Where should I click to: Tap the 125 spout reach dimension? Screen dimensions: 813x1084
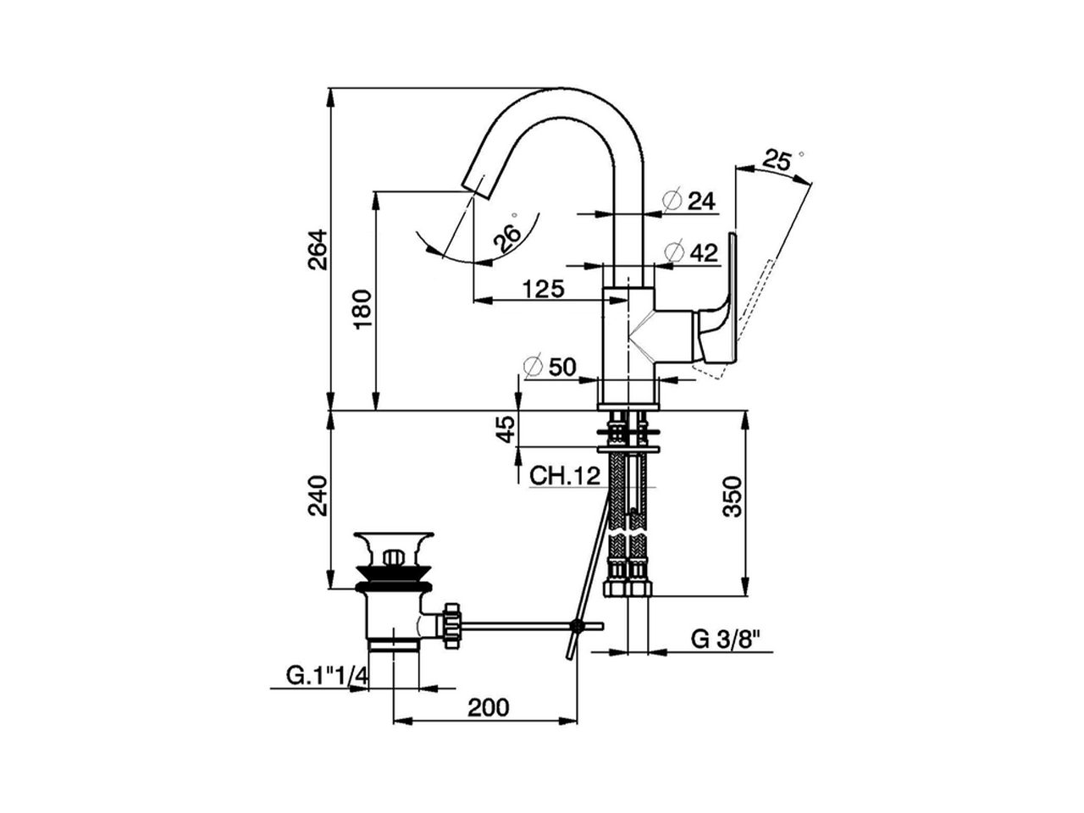point(542,289)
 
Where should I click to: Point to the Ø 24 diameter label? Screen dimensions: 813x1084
point(690,201)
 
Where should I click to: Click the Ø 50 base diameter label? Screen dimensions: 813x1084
point(550,367)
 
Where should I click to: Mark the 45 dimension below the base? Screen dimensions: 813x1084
point(504,429)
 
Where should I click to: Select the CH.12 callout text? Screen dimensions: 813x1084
point(565,475)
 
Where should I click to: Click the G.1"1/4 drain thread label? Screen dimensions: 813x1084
point(326,676)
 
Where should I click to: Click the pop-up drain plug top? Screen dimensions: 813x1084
point(395,540)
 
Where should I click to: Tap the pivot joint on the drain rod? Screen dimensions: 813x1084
point(578,627)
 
